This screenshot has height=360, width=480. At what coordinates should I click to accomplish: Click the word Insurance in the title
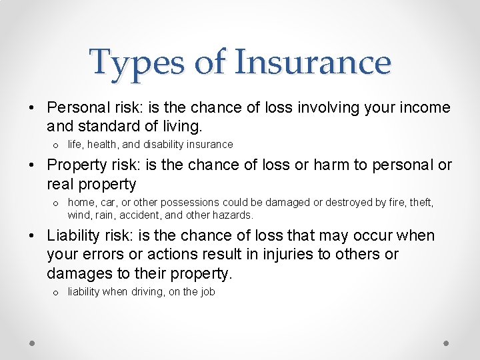tap(313, 62)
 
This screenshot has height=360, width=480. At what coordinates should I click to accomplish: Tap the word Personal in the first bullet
tap(78, 108)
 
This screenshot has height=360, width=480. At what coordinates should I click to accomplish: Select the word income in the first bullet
tap(425, 108)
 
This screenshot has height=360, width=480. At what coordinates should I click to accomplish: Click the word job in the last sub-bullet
tap(207, 292)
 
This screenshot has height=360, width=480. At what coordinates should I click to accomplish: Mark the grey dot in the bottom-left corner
tap(32, 343)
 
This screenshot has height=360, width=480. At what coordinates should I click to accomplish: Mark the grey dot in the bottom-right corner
tap(447, 343)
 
